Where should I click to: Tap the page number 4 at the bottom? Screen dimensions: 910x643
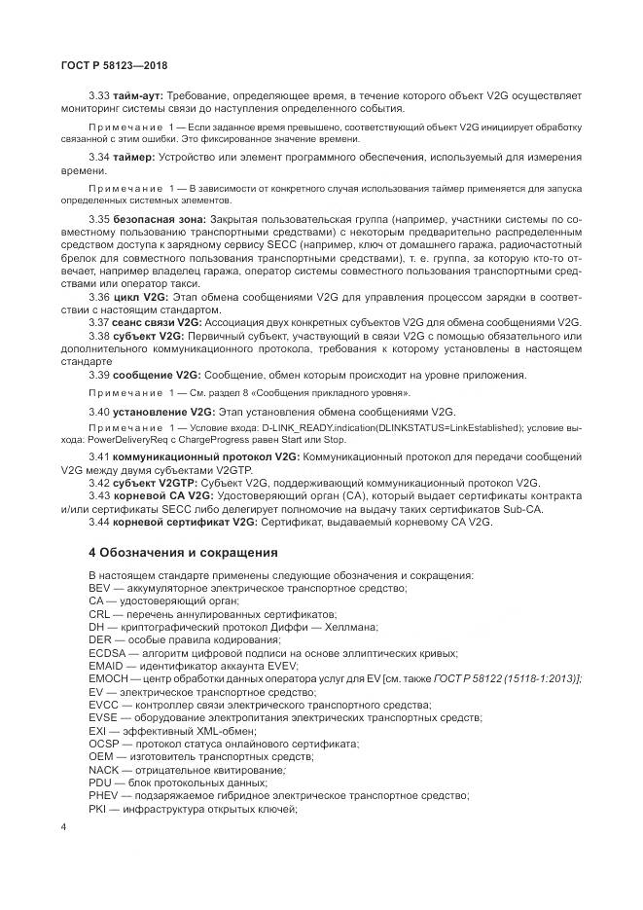63,826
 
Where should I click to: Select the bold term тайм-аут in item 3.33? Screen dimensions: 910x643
138,96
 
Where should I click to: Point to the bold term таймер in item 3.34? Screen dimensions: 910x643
133,157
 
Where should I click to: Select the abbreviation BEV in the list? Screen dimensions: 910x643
99,589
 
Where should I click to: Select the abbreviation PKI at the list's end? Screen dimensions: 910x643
97,807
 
